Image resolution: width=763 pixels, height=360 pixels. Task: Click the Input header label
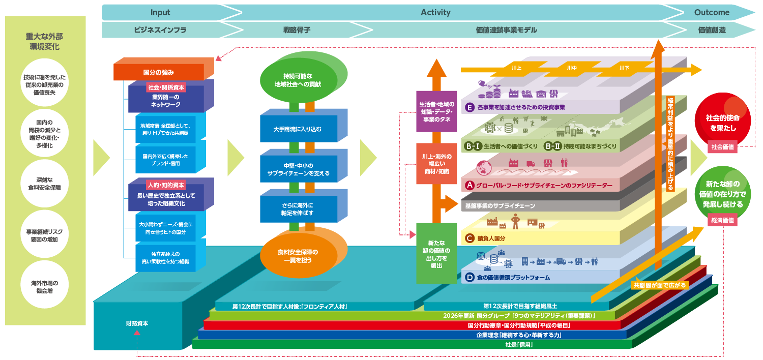160,12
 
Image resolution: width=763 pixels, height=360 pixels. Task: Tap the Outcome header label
712,12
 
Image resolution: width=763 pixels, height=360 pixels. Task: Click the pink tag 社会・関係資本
166,87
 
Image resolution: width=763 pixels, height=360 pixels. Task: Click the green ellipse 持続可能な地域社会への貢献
298,80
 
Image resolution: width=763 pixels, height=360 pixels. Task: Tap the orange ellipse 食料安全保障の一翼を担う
298,256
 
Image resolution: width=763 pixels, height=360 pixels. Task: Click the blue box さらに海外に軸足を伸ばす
298,208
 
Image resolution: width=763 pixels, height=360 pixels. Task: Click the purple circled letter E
470,107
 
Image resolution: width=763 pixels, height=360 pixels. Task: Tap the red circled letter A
470,186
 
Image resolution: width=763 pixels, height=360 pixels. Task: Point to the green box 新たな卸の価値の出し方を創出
435,253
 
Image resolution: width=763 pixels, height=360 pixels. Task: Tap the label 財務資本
137,323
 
